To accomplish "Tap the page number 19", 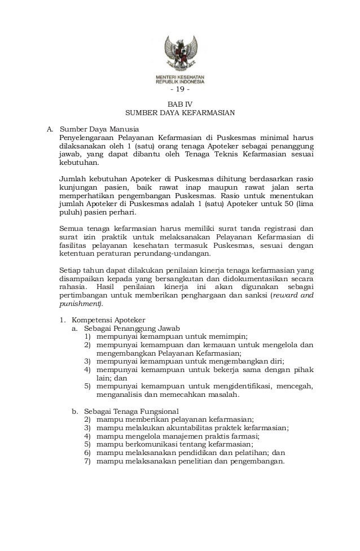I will tap(180, 91).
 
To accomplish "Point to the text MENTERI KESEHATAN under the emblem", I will tap(180, 76).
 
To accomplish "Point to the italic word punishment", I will tap(79, 304).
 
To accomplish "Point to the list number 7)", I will tap(87, 461).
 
